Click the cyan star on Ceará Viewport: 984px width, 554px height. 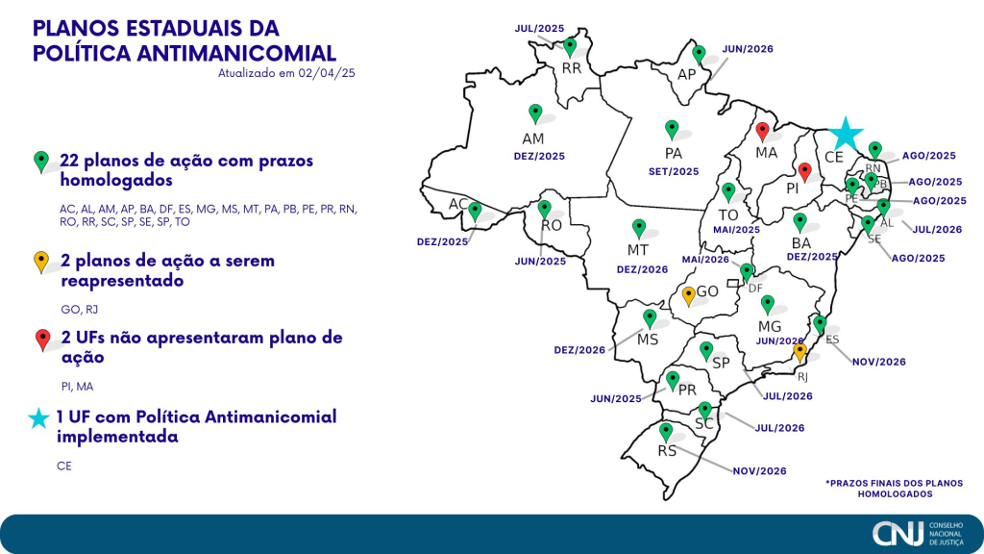click(846, 134)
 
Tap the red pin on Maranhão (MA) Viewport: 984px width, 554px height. click(762, 131)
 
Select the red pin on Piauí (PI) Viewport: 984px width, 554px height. click(805, 171)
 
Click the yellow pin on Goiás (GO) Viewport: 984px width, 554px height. click(688, 295)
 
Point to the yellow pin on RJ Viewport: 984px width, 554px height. click(799, 353)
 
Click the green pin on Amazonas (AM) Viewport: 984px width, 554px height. click(535, 113)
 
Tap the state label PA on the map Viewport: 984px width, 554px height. click(674, 153)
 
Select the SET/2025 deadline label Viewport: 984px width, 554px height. click(674, 171)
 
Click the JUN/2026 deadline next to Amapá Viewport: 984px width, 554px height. click(748, 48)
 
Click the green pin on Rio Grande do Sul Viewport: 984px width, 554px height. click(665, 432)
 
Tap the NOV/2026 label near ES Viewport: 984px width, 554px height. click(878, 362)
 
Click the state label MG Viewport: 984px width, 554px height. click(770, 327)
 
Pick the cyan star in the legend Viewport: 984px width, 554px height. click(39, 418)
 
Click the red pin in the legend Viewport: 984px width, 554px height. click(41, 339)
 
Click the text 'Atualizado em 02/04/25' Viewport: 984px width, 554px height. click(288, 72)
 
